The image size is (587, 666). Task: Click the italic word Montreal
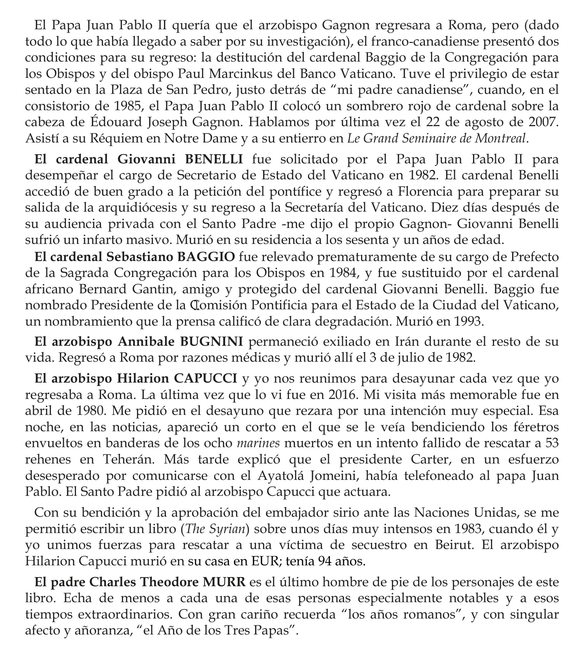pos(502,139)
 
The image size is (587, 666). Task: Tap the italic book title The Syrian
pos(215,529)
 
